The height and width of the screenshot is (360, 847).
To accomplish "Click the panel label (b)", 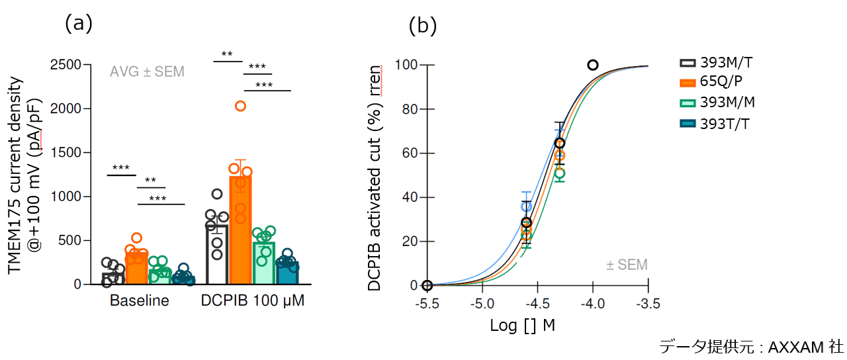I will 422,26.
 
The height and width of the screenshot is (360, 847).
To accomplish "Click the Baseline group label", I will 139,301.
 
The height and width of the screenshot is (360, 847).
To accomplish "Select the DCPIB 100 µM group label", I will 253,301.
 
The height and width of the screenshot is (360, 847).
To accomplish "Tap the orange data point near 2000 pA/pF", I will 240,106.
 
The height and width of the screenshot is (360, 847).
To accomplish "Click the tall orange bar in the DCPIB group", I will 240,232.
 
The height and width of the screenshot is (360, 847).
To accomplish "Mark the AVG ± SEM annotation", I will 147,71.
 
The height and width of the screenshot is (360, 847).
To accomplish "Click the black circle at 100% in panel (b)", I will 593,65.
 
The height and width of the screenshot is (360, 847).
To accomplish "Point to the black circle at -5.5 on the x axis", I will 427,285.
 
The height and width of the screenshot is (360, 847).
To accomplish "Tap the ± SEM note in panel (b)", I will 627,265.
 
